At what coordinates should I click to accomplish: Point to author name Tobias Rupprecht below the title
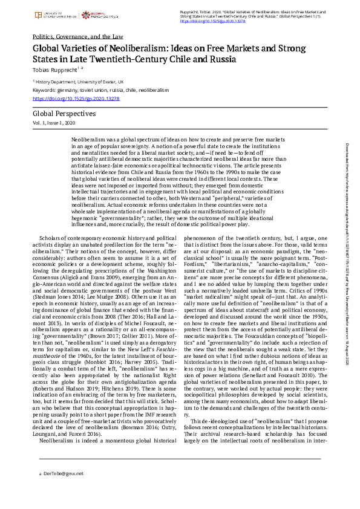(58, 71)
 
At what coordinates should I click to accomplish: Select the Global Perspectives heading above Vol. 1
(64, 114)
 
